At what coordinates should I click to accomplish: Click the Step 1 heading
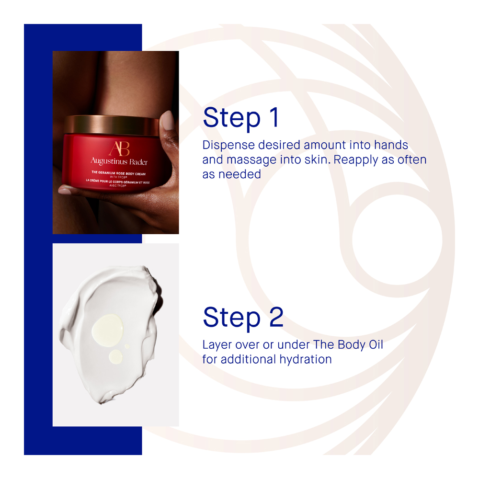[241, 118]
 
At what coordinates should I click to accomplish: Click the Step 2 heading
[243, 318]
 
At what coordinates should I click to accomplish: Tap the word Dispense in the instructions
[228, 146]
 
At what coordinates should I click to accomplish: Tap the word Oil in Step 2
[376, 344]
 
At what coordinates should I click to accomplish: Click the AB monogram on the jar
[119, 149]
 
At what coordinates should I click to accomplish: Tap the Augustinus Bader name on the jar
[119, 161]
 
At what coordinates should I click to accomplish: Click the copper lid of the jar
[112, 125]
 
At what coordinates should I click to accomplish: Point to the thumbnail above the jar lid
[167, 120]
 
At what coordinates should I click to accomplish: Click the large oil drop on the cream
[107, 327]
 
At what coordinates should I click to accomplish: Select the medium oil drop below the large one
[116, 357]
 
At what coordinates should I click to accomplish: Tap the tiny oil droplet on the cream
[127, 346]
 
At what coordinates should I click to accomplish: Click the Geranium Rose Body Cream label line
[118, 173]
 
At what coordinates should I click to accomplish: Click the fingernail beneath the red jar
[65, 191]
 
